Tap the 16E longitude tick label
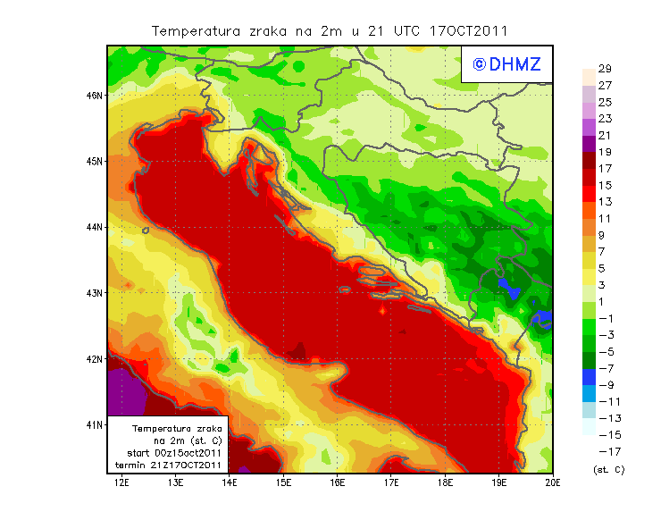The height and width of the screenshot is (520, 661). pyautogui.click(x=338, y=483)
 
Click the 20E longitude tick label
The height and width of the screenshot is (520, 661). pyautogui.click(x=552, y=483)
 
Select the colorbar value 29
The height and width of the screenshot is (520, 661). pyautogui.click(x=605, y=69)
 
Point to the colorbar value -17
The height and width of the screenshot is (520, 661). pyautogui.click(x=607, y=451)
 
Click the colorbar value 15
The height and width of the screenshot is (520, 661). pyautogui.click(x=605, y=185)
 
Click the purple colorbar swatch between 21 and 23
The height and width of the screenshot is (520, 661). pyautogui.click(x=588, y=127)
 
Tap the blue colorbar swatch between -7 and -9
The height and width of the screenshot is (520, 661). pyautogui.click(x=588, y=377)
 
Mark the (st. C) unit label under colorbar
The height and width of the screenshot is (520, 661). pyautogui.click(x=608, y=469)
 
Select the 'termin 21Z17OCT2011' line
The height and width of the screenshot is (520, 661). pyautogui.click(x=169, y=465)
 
